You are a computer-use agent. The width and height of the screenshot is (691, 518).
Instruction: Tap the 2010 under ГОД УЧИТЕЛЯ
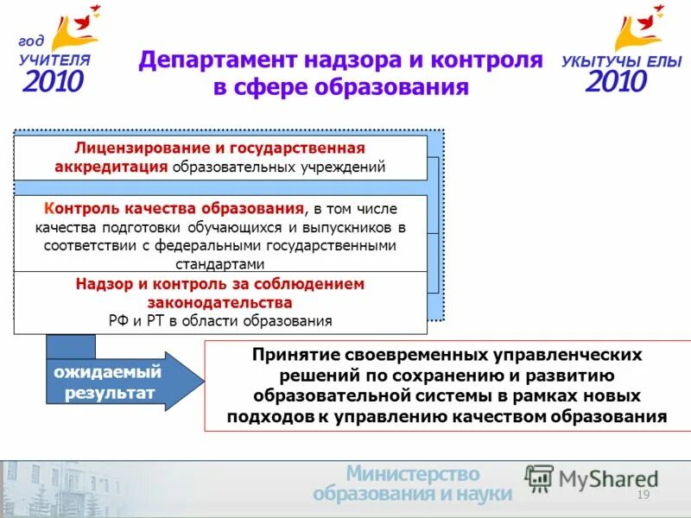[53, 81]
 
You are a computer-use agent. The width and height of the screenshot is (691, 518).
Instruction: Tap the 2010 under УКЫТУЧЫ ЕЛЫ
[616, 82]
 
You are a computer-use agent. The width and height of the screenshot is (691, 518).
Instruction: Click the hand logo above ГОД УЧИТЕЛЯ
[73, 28]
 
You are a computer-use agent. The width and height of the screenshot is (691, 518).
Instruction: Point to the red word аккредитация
[111, 167]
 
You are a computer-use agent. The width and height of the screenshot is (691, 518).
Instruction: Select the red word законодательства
[219, 302]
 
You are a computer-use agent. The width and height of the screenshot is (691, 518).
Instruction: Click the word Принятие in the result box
[295, 355]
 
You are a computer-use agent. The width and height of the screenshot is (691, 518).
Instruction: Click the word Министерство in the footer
[412, 474]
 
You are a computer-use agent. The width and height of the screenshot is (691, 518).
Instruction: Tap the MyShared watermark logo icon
[540, 477]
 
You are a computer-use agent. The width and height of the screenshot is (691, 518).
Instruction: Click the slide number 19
[642, 494]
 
